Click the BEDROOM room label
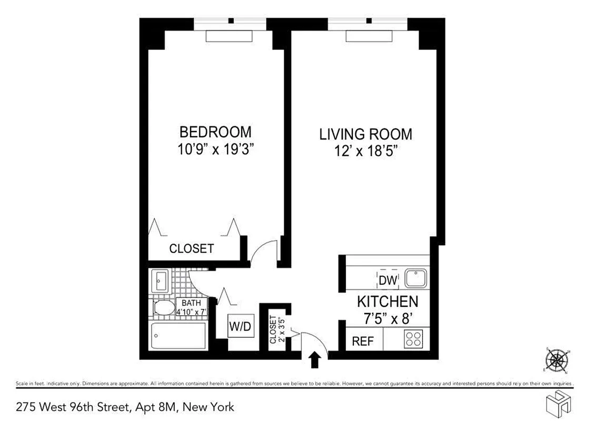coord(215,132)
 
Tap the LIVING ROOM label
coord(366,134)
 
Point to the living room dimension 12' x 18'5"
coord(366,152)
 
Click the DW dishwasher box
coord(387,280)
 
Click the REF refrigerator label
coord(363,341)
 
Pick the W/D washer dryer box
coord(240,327)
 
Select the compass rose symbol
coord(557,361)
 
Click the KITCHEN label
coord(388,302)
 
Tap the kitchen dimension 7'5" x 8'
coord(388,318)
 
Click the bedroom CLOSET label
coord(191,249)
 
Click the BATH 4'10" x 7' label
coord(193,307)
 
